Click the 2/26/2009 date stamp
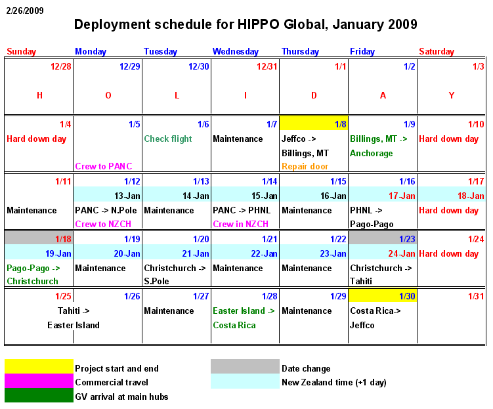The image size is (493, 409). coord(26,11)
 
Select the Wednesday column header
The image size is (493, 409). coord(235,51)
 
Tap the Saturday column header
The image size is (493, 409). coord(437,51)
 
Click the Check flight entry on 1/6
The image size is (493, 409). coord(168,139)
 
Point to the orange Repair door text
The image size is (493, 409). coord(305,166)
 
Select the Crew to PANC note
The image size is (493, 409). coord(104,166)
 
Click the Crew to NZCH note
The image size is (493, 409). coord(104,224)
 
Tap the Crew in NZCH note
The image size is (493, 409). coord(240,224)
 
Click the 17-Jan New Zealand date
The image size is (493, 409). coord(402,196)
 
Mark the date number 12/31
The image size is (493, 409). coord(267,66)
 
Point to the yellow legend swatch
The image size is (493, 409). coord(39,366)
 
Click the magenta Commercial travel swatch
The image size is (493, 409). coord(39,381)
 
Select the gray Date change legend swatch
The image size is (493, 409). coord(245,366)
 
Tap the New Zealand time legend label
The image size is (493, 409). coord(333,382)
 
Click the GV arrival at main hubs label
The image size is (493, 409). coord(121,397)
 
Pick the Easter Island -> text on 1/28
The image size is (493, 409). coord(244,311)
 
